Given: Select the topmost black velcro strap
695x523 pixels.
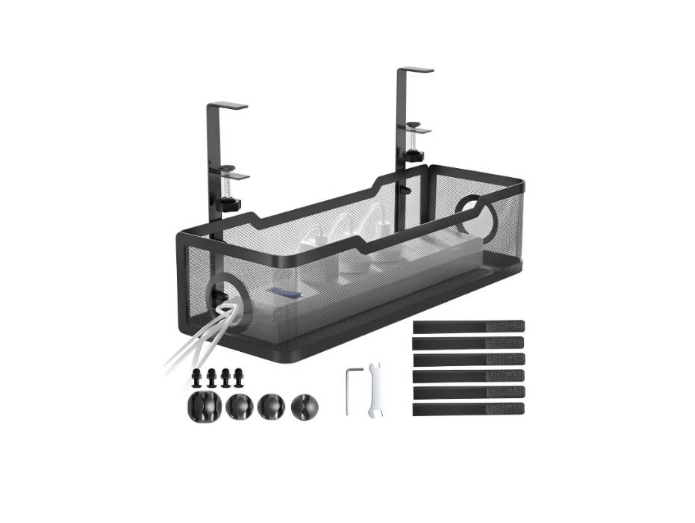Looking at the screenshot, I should point(468,326).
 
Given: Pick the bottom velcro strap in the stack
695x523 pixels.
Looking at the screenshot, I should point(468,409).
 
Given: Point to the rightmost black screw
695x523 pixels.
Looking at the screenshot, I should point(239,375).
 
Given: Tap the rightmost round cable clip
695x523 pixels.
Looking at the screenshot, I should point(304,406).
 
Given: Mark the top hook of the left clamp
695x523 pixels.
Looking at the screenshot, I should point(227,105).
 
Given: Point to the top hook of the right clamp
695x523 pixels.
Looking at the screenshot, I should point(415,71).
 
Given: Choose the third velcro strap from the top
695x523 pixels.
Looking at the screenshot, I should point(468,359).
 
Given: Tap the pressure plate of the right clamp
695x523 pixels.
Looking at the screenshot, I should point(421,130).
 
